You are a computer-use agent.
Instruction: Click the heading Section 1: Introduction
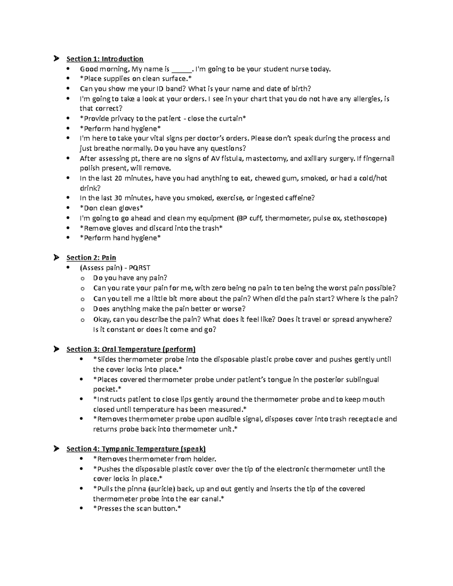(x=105, y=59)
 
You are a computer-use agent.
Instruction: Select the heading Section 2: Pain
(x=91, y=258)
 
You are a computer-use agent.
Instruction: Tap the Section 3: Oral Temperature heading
(x=131, y=349)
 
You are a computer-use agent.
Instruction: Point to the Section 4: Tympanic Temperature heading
(x=136, y=449)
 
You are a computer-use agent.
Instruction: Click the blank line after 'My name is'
(x=181, y=69)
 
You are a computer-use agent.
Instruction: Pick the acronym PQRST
(x=139, y=268)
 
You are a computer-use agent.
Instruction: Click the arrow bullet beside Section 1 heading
(x=56, y=58)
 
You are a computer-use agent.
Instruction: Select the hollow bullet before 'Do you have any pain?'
(x=82, y=278)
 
